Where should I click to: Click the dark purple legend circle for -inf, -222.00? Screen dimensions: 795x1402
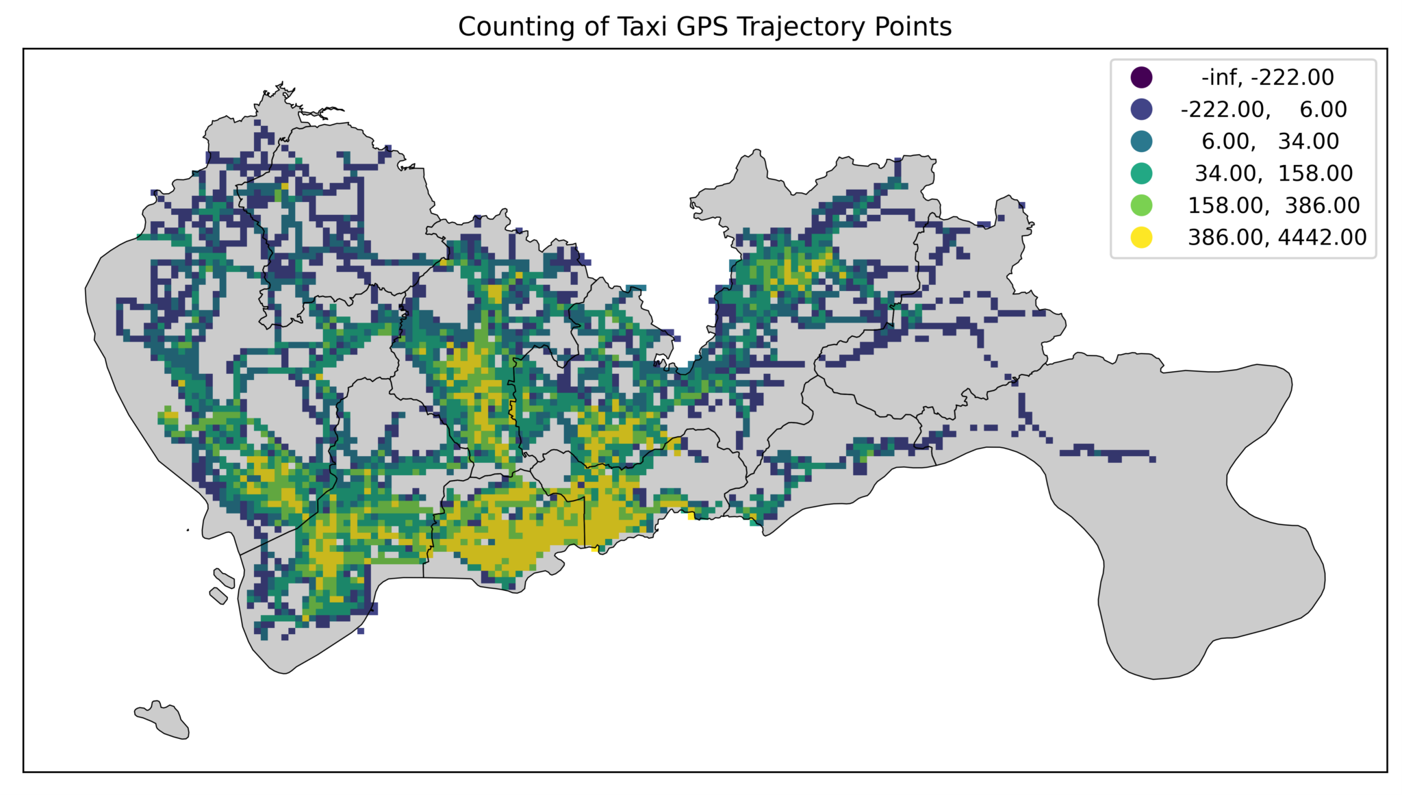tap(1141, 77)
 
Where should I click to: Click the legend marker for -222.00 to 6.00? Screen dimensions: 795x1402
tap(1141, 110)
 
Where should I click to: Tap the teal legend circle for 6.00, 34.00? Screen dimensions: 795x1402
tap(1141, 142)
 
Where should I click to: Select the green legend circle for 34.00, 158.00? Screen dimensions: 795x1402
tap(1141, 173)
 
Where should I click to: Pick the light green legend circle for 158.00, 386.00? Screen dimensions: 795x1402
tap(1141, 205)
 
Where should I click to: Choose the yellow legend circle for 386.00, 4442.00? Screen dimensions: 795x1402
tap(1141, 238)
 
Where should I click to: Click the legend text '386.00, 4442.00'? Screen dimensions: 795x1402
tap(1277, 238)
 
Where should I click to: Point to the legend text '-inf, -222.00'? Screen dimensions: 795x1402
tap(1267, 77)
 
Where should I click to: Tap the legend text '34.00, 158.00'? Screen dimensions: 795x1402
tap(1273, 173)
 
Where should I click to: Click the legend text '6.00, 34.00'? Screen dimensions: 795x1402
tap(1270, 142)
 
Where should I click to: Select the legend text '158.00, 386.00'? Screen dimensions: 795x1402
tap(1273, 205)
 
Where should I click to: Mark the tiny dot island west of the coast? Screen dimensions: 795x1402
tap(188, 529)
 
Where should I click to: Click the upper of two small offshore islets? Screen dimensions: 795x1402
tap(224, 578)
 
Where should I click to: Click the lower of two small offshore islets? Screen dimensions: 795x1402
tap(218, 596)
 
